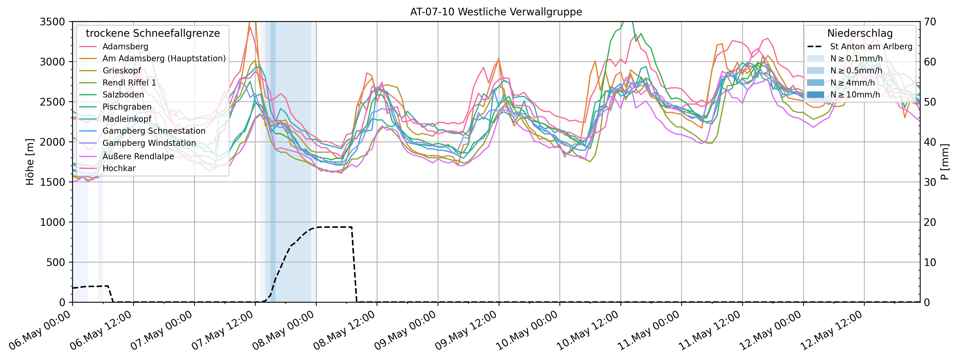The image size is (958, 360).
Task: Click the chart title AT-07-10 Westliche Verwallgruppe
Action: pos(496,12)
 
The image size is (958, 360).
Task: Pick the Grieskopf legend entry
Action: pos(122,71)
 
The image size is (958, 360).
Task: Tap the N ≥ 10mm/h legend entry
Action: pos(855,95)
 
